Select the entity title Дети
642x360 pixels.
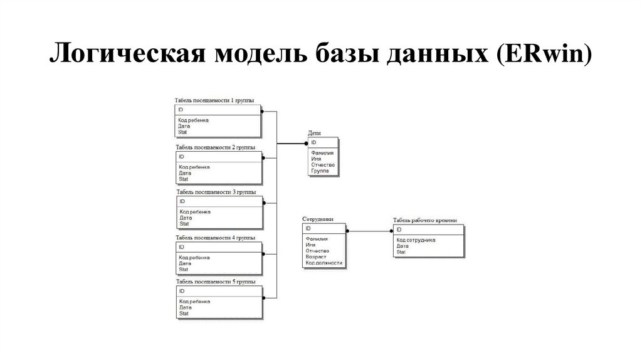point(314,134)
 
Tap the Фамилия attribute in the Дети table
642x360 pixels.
point(322,152)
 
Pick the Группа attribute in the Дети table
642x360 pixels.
point(320,171)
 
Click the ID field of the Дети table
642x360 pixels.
point(313,143)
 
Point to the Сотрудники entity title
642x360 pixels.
point(318,220)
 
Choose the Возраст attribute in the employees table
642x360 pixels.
point(317,257)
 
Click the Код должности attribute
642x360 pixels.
point(324,263)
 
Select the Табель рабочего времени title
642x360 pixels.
point(424,221)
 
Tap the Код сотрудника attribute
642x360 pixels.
point(416,240)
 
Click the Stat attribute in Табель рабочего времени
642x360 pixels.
point(401,252)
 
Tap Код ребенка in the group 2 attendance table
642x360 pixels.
point(194,167)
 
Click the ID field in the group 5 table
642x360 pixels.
point(182,292)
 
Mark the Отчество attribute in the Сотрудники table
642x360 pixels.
point(317,251)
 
